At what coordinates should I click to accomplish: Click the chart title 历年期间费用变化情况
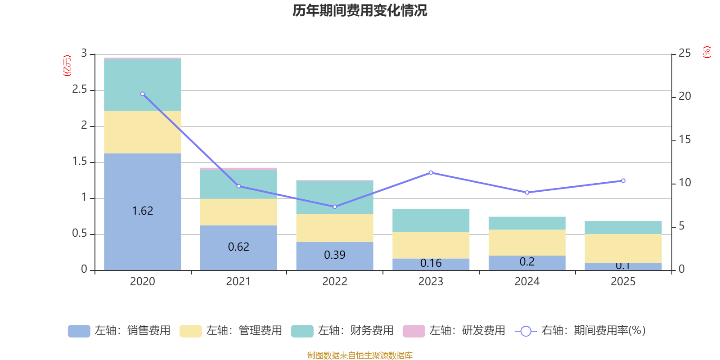click(360, 10)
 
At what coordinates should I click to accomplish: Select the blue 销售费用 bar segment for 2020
click(143, 189)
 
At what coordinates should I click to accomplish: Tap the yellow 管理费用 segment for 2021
click(238, 212)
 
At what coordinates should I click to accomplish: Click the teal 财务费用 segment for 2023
click(431, 220)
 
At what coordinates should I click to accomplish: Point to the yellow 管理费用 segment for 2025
click(623, 248)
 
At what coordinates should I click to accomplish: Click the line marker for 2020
click(143, 94)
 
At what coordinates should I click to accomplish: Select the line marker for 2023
click(431, 172)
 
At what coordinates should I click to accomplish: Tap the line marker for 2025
click(623, 181)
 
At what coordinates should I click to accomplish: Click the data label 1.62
click(143, 211)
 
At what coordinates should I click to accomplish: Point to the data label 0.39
click(335, 255)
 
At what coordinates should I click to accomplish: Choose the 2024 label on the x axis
click(527, 282)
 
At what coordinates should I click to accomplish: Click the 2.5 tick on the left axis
click(80, 90)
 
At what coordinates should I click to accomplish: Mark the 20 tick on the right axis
click(684, 96)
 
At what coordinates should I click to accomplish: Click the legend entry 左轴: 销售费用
click(119, 331)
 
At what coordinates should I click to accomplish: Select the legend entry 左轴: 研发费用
click(454, 331)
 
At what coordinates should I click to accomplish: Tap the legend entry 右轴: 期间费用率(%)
click(580, 331)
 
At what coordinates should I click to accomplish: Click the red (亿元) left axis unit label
click(67, 66)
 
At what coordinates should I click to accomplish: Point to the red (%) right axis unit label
click(706, 52)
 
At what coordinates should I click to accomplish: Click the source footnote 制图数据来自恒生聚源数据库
click(360, 355)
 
